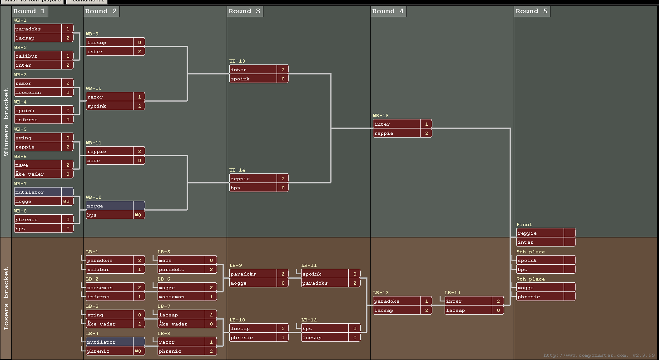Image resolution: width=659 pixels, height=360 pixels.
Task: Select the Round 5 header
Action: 531,11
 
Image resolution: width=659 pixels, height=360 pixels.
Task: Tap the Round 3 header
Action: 244,11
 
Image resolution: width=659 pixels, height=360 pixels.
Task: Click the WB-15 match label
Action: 381,116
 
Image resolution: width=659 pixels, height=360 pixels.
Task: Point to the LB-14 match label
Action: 452,293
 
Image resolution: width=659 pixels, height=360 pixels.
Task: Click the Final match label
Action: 524,225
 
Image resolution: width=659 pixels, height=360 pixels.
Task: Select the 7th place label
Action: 530,279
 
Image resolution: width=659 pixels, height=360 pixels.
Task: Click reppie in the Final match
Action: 540,233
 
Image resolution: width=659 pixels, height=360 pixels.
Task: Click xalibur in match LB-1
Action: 109,269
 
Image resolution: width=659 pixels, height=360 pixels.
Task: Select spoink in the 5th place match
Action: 540,260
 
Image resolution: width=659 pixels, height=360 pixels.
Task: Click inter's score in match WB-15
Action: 426,124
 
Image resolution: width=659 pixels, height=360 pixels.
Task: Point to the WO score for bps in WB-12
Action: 139,215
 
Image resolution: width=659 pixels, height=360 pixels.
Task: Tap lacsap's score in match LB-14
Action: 498,310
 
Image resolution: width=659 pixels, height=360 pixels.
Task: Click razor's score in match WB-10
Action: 139,97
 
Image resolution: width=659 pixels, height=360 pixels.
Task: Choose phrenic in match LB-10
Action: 253,337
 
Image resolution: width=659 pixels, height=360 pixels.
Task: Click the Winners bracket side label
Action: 6,123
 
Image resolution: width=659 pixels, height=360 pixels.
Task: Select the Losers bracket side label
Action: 6,298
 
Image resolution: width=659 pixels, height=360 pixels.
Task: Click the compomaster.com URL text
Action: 599,355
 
